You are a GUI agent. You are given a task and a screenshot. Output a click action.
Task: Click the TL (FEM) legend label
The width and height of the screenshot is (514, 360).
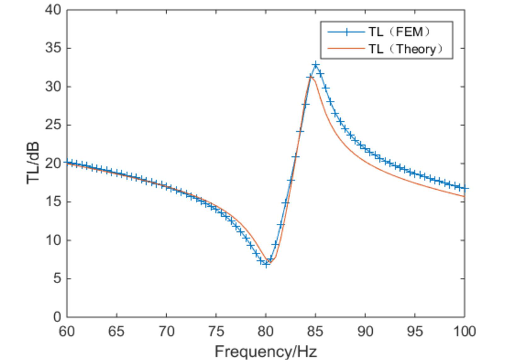(400, 30)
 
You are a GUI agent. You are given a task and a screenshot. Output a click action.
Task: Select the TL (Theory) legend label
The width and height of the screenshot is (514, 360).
(406, 49)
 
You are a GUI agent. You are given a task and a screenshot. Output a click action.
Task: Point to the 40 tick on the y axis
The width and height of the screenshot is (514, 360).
(55, 10)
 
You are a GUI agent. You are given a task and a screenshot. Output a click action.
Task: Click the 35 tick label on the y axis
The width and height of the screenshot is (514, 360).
(55, 49)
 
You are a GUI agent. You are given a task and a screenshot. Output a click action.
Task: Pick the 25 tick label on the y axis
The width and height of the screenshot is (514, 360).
(55, 125)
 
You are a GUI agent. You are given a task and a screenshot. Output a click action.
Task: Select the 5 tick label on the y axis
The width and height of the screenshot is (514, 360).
(57, 279)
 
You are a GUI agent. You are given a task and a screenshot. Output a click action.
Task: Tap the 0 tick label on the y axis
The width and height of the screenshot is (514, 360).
(57, 316)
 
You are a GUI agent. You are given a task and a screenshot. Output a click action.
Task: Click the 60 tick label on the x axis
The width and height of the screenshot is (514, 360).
(67, 330)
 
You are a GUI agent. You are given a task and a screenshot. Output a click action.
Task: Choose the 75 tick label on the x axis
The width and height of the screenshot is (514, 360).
(215, 330)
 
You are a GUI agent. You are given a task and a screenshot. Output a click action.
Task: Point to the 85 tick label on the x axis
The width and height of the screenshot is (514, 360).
(316, 330)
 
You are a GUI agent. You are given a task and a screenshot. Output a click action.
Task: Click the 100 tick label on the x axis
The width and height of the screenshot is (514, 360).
(465, 330)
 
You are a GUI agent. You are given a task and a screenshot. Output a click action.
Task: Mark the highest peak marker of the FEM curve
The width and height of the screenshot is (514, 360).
(316, 65)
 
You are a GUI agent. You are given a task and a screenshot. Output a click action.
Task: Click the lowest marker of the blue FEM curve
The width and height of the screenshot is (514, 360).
(266, 264)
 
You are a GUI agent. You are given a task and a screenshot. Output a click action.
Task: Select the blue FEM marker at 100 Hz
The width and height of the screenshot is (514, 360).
(465, 189)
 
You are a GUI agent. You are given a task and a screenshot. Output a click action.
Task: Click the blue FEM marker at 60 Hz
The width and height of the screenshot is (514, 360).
(67, 163)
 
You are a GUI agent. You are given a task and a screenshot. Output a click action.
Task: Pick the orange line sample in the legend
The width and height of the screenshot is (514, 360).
(343, 49)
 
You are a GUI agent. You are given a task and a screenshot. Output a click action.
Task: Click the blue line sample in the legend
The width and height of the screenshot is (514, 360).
(343, 30)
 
